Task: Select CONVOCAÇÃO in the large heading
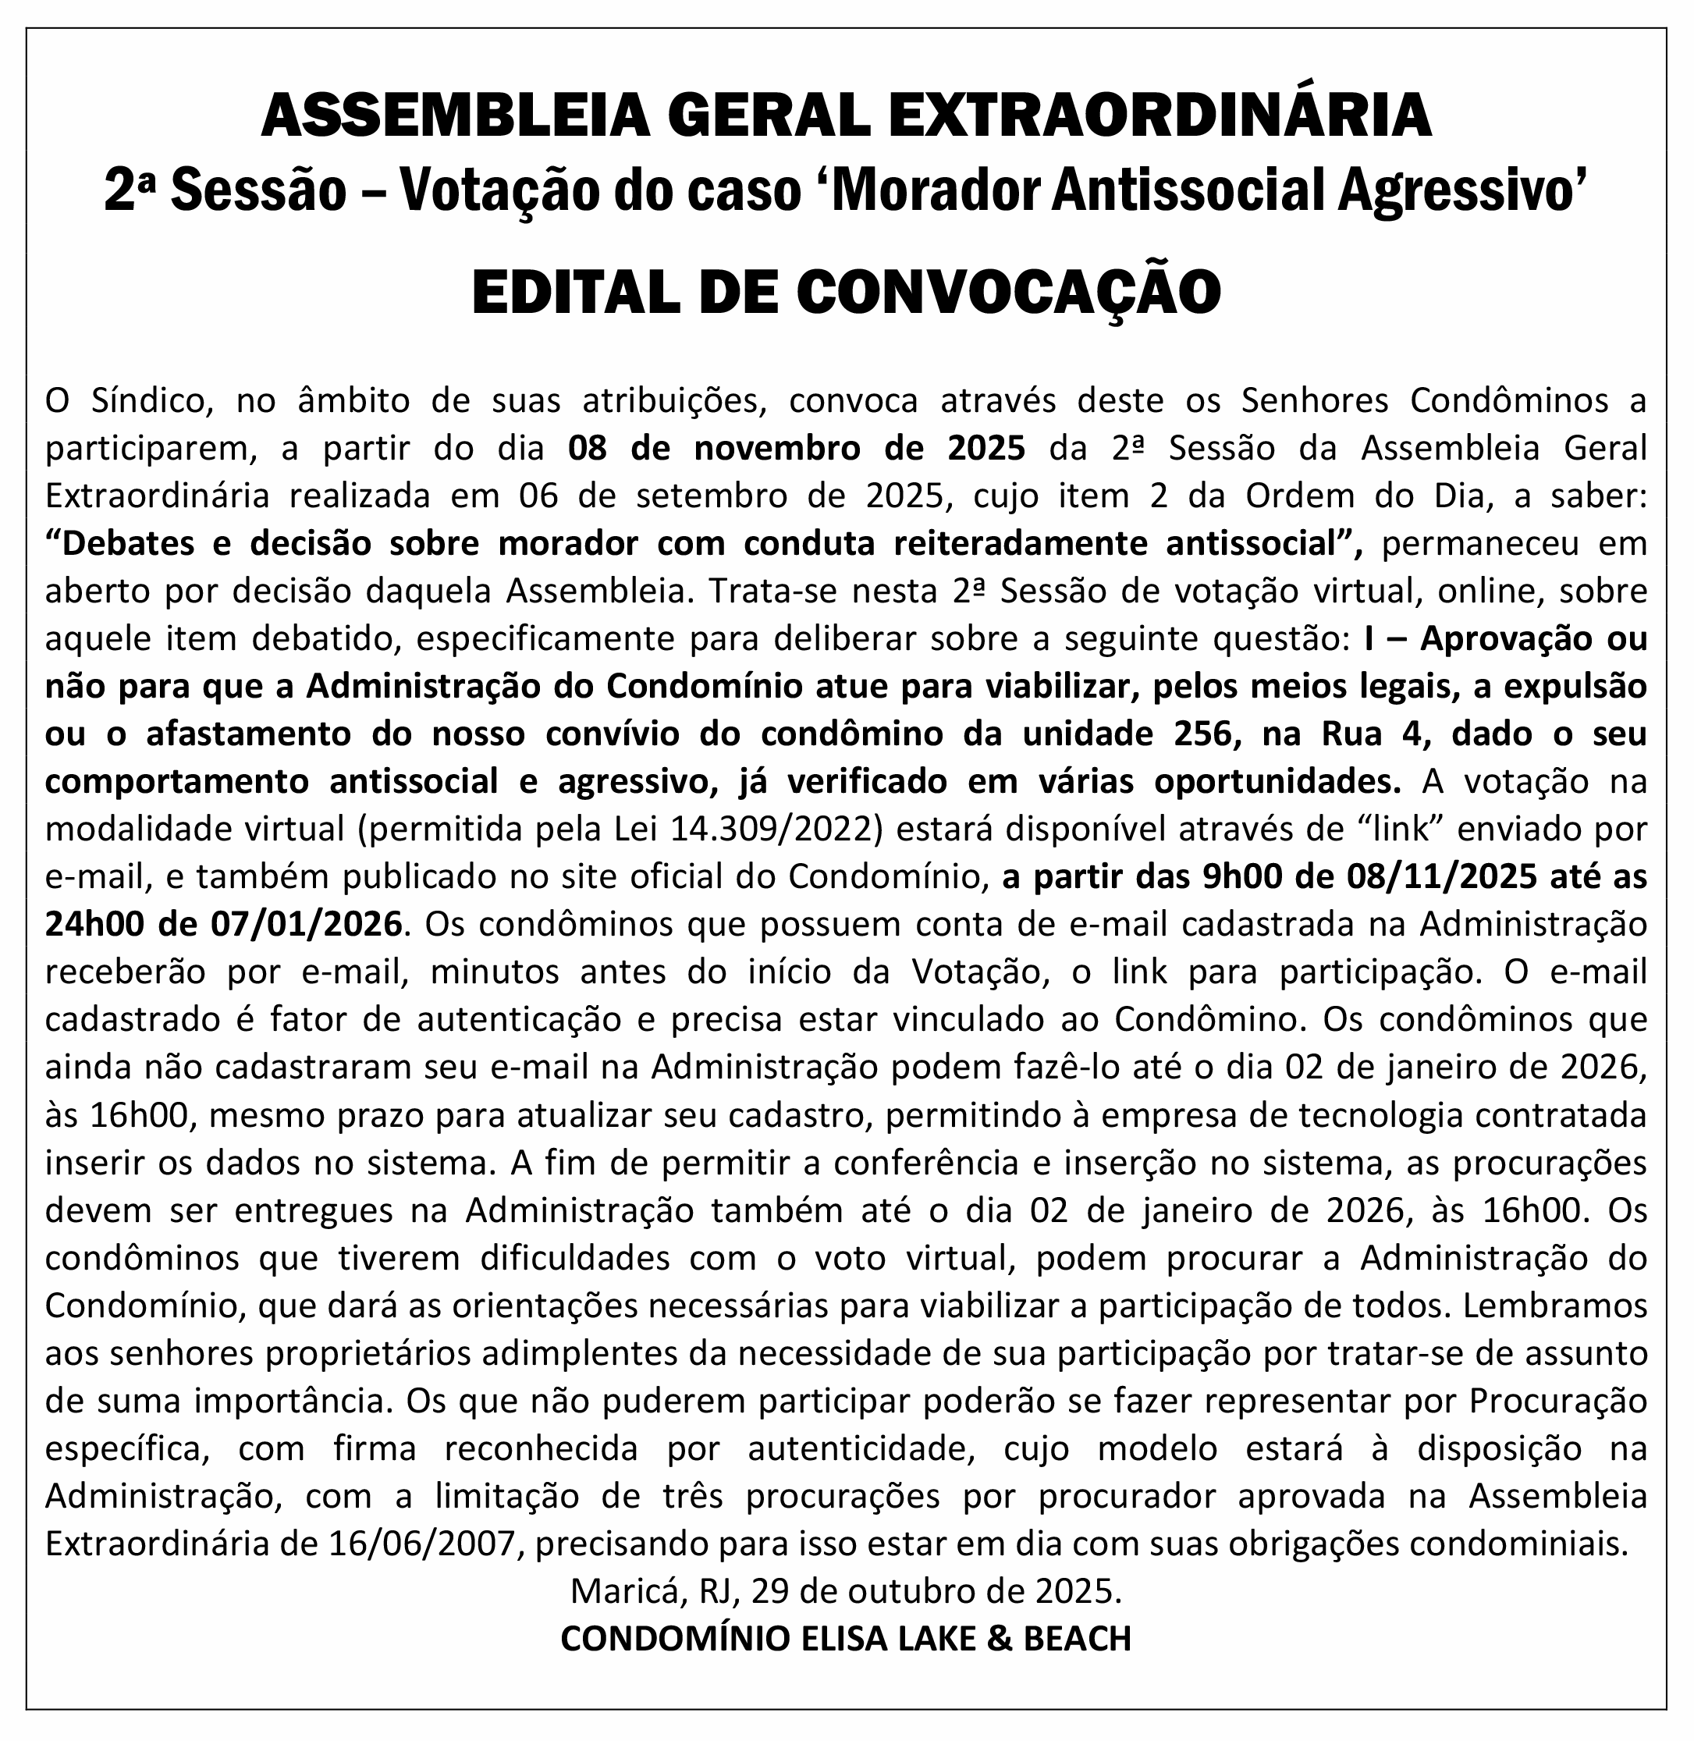point(1009,292)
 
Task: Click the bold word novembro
point(778,447)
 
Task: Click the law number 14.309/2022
point(766,828)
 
